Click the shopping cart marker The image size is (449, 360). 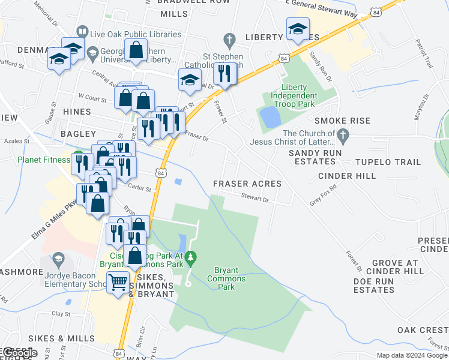pyautogui.click(x=118, y=280)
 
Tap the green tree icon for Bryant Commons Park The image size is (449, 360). pyautogui.click(x=191, y=258)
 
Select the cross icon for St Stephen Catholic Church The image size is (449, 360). pyautogui.click(x=228, y=40)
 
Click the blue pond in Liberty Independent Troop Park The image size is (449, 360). pyautogui.click(x=270, y=116)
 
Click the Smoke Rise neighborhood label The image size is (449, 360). pyautogui.click(x=347, y=121)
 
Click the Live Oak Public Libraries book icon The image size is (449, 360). pyautogui.click(x=82, y=35)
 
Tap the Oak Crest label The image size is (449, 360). pyautogui.click(x=423, y=330)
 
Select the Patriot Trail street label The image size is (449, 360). pyautogui.click(x=424, y=53)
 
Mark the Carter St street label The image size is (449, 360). pyautogui.click(x=139, y=187)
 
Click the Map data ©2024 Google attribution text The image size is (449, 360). pyautogui.click(x=411, y=355)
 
